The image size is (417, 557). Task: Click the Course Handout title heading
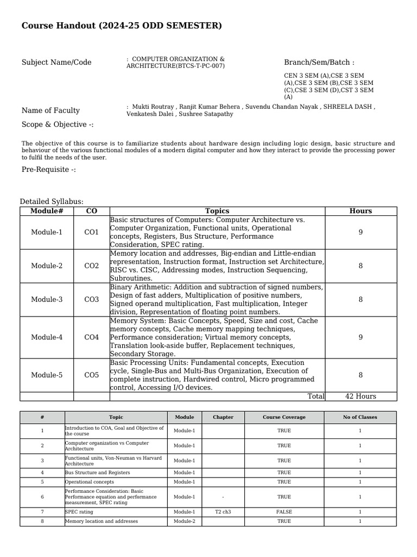pos(122,26)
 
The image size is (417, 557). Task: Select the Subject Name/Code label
pos(56,63)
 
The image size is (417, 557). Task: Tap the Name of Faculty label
pos(50,110)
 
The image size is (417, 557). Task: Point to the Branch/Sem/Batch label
pos(319,63)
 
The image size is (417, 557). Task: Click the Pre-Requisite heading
pos(48,170)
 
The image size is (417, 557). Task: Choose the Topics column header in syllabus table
pos(217,211)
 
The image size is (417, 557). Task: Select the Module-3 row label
pos(47,300)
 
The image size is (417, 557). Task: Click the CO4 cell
pos(91,337)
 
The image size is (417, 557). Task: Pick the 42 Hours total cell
pos(361,397)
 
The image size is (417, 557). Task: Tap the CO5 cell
pos(91,375)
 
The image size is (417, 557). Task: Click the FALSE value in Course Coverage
pos(284,512)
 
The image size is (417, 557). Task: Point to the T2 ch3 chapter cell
pos(223,512)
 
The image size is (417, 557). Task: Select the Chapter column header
pos(223,417)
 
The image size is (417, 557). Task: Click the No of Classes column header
pos(360,417)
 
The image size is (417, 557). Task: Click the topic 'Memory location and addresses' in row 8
pos(101,521)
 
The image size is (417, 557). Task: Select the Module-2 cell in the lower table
pos(184,521)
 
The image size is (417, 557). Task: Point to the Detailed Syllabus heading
pos(52,202)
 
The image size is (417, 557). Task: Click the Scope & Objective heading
pos(58,125)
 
